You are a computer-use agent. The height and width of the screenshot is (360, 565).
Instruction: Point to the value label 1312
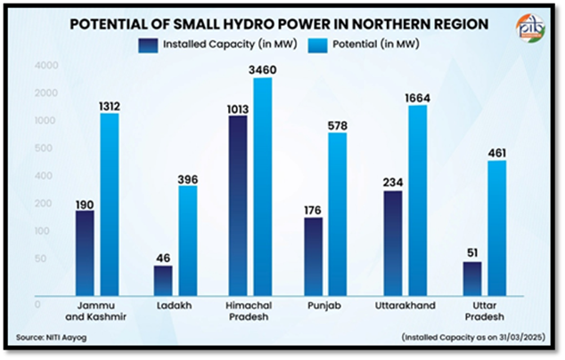pos(109,106)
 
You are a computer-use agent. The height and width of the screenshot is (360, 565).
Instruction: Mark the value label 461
pos(495,153)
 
